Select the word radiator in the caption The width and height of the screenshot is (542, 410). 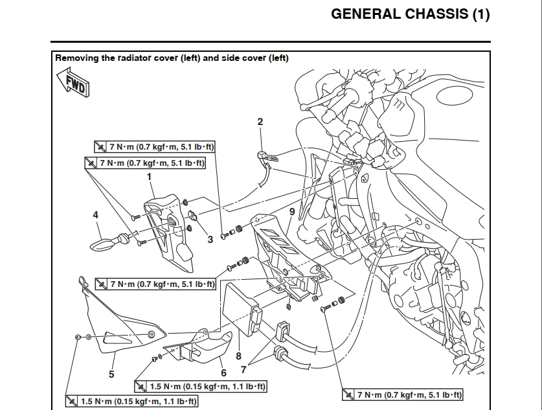coord(133,58)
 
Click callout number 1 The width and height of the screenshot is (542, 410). coord(149,176)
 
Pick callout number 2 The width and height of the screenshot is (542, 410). coord(260,121)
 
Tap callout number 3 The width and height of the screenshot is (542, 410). coord(210,239)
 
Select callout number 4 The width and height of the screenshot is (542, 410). coord(95,214)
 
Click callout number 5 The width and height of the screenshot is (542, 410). coord(111,373)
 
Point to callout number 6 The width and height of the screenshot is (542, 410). coord(223,372)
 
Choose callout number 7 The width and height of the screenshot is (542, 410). coord(243,370)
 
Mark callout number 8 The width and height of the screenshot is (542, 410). coord(238,356)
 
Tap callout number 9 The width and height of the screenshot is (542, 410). coord(292,212)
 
